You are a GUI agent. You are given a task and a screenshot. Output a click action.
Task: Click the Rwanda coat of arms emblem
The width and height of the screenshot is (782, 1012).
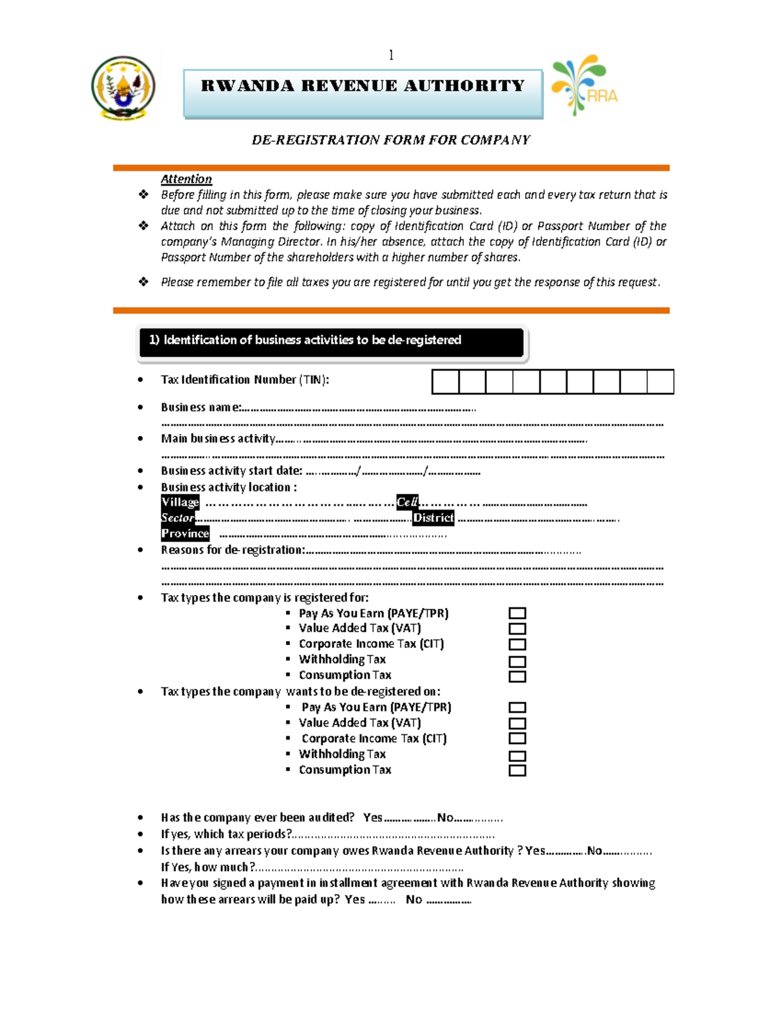point(123,88)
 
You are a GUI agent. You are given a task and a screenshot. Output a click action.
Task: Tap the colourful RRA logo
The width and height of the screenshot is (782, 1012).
point(584,85)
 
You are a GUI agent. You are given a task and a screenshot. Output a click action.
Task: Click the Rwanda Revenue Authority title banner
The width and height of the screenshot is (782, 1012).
point(363,93)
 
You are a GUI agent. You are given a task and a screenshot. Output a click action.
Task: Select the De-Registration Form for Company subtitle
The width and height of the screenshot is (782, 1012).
point(391,139)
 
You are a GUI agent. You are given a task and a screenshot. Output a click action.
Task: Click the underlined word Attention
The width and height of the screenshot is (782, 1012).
point(186,179)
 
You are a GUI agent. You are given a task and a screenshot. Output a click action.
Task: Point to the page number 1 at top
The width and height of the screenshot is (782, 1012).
point(391,55)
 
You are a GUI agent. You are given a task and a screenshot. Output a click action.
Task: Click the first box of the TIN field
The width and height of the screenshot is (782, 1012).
point(446,382)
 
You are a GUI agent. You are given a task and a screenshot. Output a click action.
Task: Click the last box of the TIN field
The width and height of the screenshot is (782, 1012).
point(660,382)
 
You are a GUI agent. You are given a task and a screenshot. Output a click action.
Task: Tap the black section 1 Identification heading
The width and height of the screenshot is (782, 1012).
point(332,342)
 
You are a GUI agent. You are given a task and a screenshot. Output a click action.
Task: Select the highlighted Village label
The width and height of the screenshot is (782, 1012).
point(180,502)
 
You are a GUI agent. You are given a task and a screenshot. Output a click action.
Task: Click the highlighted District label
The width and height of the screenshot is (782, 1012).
point(433,518)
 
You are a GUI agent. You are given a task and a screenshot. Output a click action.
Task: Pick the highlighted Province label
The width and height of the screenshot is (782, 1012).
point(185,534)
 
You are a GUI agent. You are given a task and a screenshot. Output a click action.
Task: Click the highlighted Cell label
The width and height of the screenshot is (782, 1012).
point(407,502)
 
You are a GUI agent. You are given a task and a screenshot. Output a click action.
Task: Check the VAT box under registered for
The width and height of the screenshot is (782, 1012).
point(517,629)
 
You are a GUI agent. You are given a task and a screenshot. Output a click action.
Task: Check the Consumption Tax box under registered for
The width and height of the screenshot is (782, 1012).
point(517,676)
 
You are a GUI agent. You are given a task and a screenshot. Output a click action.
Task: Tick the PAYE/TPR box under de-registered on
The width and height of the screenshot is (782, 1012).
point(517,708)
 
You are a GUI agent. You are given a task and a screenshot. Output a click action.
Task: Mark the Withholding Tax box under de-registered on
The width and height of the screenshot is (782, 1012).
point(517,756)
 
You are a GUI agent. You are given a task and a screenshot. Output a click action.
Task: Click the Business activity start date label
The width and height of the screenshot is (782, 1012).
point(231,470)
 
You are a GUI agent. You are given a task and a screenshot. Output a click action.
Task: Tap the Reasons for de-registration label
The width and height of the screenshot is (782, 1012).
point(233,550)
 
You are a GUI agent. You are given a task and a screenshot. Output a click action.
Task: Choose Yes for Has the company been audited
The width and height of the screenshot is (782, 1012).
point(373,818)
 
